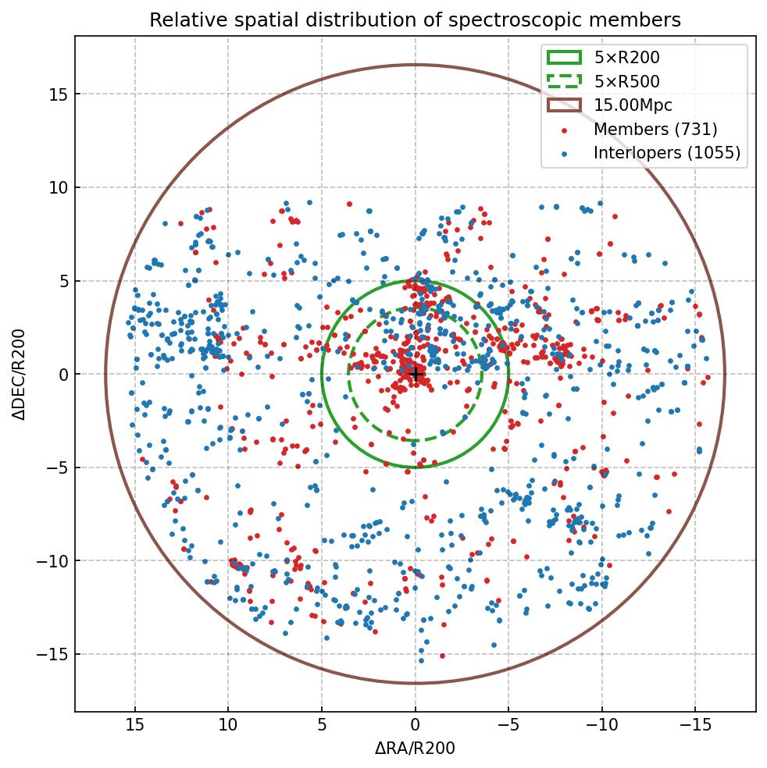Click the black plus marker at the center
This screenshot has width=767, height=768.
416,375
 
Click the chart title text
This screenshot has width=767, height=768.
415,20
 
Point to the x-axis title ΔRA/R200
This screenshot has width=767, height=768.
415,748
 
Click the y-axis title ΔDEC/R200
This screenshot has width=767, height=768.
19,375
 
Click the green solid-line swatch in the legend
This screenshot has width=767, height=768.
564,57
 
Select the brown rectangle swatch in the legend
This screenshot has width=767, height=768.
564,105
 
